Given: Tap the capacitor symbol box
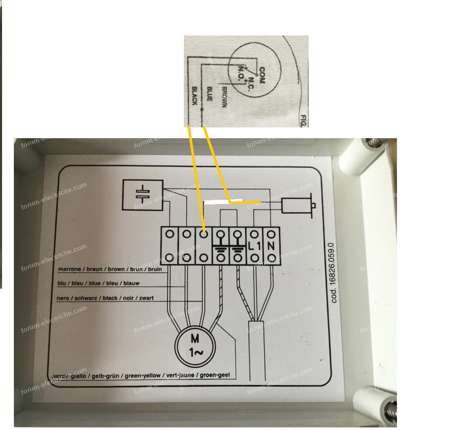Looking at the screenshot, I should [x=142, y=195].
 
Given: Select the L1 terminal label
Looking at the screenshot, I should [x=254, y=247].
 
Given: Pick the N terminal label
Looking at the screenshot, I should [x=271, y=246].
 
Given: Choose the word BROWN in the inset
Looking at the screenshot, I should [x=224, y=97].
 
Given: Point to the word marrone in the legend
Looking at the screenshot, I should [x=68, y=269].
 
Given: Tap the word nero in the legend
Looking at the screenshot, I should [x=63, y=298].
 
